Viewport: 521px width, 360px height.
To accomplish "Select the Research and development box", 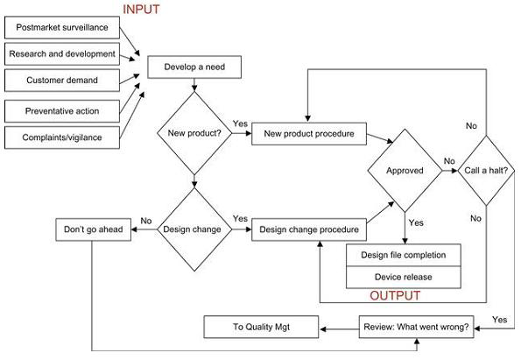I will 61,53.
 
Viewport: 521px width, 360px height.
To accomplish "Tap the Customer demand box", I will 61,81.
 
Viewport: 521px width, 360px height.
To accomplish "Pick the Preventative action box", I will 61,110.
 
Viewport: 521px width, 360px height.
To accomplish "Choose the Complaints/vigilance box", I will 61,138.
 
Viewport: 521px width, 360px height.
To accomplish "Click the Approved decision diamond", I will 405,171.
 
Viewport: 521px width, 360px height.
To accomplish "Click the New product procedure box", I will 308,134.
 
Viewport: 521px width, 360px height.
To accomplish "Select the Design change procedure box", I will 308,230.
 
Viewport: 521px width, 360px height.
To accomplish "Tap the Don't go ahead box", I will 93,230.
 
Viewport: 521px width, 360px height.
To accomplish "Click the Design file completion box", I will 404,255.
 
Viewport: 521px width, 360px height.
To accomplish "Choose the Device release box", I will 404,277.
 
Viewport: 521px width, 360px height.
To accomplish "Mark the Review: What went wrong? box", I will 416,328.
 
